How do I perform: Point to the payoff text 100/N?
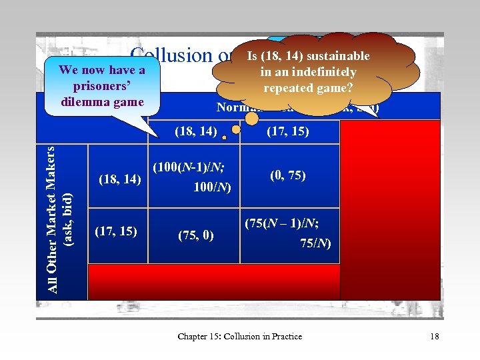point(212,188)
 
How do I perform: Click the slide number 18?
point(434,336)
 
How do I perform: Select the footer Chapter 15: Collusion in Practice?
point(239,336)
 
